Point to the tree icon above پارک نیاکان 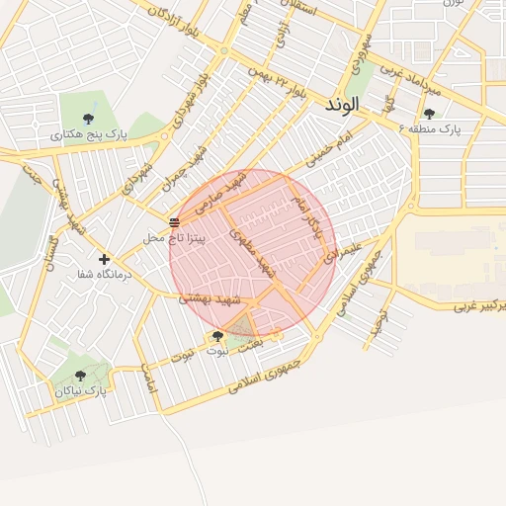click(x=80, y=375)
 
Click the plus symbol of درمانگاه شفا click(x=104, y=259)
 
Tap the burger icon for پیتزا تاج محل click(x=174, y=221)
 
